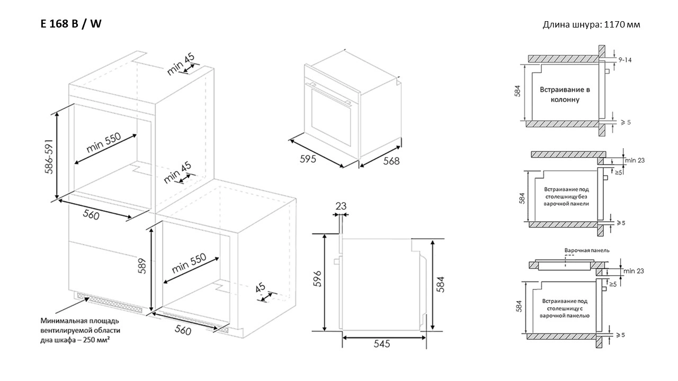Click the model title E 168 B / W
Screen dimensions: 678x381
pos(71,24)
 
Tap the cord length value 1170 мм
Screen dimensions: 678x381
pos(622,24)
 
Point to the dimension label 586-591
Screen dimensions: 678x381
pos(49,156)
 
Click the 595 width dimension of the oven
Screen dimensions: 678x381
pos(308,159)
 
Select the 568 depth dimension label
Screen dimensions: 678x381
pos(391,161)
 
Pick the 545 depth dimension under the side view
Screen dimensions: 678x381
pos(382,344)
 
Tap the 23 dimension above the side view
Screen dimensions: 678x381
pos(341,206)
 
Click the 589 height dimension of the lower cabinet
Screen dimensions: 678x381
pos(142,266)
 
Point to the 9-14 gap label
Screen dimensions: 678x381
pos(625,60)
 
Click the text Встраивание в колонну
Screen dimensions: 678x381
pos(565,94)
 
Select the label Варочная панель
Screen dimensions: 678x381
pos(587,250)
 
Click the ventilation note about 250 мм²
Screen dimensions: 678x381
pos(80,331)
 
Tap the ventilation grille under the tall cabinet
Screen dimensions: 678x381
pos(109,302)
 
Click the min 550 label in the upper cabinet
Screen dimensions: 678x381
pos(103,142)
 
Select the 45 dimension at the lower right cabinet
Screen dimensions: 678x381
pos(260,287)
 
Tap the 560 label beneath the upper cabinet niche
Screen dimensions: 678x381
pos(91,214)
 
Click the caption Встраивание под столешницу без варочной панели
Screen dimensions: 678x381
pos(566,196)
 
